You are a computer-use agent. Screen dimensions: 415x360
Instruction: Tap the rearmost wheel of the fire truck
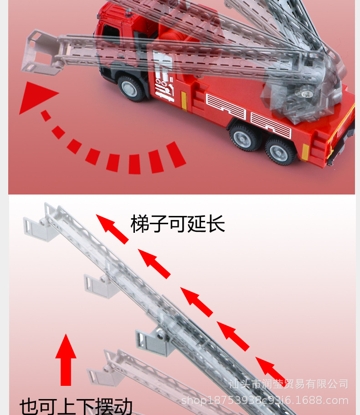click(280, 151)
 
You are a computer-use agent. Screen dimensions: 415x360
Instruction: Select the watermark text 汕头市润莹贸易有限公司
click(288, 384)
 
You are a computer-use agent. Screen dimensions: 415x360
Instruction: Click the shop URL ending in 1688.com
click(265, 400)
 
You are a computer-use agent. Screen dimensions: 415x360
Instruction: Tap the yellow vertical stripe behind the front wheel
click(184, 100)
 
